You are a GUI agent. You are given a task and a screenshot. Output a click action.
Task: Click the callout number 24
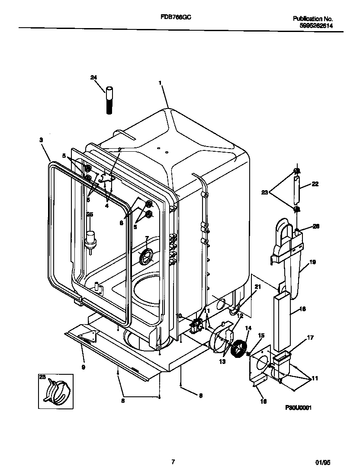tap(93, 77)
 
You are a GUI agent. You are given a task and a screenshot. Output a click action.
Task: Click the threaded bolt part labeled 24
tap(110, 100)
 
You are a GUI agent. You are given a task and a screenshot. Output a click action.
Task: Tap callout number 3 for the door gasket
tap(41, 140)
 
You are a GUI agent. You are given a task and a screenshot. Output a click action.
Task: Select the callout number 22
tap(315, 184)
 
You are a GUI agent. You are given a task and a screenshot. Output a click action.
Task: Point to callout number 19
tap(312, 262)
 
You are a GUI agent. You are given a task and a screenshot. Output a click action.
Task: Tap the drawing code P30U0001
tap(299, 408)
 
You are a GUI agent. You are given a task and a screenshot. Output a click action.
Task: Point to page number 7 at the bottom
tap(173, 462)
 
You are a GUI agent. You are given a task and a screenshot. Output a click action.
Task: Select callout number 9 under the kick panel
tap(83, 367)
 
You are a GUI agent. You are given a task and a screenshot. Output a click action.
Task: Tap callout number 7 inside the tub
tap(147, 238)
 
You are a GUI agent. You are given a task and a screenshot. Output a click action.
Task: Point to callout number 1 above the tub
tap(160, 82)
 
